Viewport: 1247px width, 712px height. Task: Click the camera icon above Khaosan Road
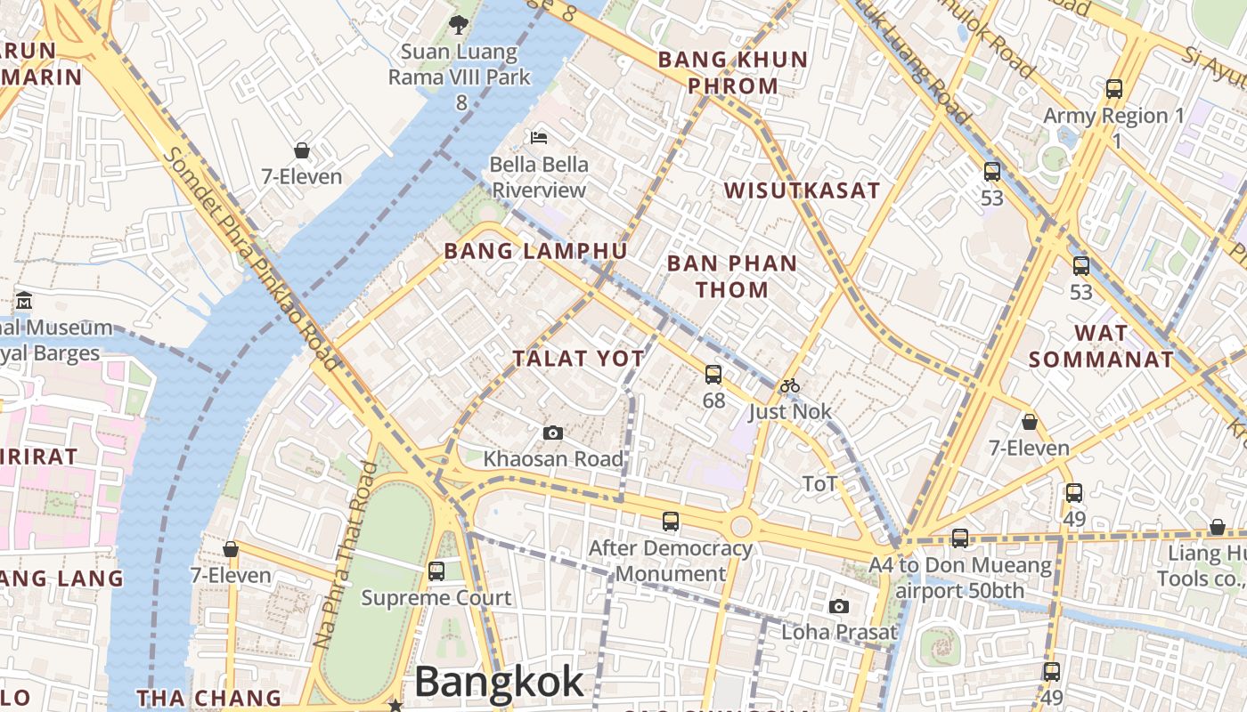click(x=553, y=433)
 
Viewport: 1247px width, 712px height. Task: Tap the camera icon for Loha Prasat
click(x=838, y=607)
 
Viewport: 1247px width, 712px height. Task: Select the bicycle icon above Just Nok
click(x=789, y=386)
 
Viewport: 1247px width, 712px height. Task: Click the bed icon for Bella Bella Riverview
click(x=539, y=138)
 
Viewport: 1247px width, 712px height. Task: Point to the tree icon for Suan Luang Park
click(x=459, y=24)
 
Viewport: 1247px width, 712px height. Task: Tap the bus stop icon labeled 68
click(x=713, y=375)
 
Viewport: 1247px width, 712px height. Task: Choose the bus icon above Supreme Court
click(x=436, y=571)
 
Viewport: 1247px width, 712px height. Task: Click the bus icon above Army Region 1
click(x=1114, y=89)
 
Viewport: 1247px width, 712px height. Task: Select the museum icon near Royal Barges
click(x=24, y=301)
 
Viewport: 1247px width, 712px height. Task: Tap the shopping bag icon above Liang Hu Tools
click(x=1217, y=528)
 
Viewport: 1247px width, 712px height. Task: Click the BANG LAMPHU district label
click(x=536, y=251)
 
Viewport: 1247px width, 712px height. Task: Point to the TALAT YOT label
click(x=578, y=359)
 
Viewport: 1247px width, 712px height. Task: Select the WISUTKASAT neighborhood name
click(x=802, y=190)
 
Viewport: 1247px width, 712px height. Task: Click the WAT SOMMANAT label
click(x=1101, y=346)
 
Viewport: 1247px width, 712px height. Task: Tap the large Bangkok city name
click(x=499, y=683)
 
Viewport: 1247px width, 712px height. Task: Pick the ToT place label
click(x=819, y=484)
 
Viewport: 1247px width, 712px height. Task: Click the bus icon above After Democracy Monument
click(x=671, y=522)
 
